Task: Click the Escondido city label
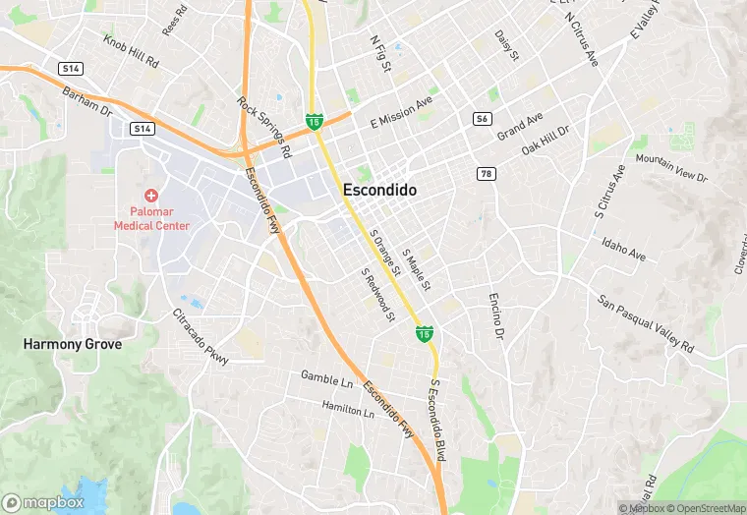[x=379, y=190]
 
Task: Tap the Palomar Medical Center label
[x=151, y=218]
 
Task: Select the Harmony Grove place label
[x=74, y=345]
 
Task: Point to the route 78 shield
[x=486, y=174]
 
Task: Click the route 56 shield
[x=481, y=118]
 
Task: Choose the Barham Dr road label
[x=87, y=100]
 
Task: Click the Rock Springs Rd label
[x=264, y=127]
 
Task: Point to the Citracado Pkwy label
[x=201, y=337]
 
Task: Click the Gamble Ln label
[x=326, y=377]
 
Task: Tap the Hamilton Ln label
[x=349, y=409]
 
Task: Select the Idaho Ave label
[x=624, y=249]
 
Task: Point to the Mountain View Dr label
[x=671, y=168]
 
